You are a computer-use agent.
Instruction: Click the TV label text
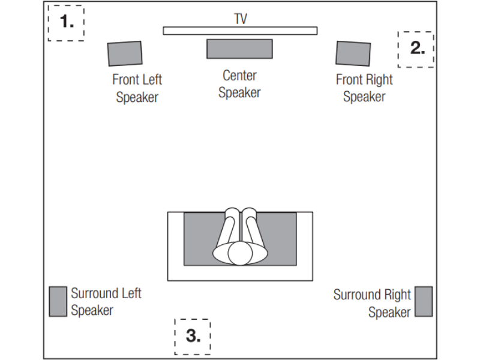241,19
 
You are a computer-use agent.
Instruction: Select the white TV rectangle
240,31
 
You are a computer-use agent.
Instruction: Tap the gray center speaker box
239,49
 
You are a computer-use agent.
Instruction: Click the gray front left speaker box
125,53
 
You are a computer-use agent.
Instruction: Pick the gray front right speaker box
353,53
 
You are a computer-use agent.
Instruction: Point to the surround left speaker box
58,302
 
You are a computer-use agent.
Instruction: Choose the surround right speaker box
424,302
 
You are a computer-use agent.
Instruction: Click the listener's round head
240,253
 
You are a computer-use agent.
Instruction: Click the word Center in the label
239,76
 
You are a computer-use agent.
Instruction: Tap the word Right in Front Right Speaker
379,80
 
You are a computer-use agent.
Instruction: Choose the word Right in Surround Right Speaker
397,295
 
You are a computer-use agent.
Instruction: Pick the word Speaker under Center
239,93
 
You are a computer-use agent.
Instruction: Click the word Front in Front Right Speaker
349,80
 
